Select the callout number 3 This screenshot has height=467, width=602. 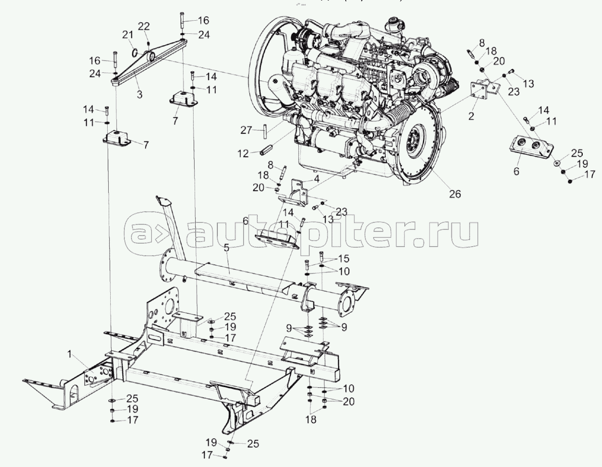139,94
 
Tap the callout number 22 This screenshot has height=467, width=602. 144,26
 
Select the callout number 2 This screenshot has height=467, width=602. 471,116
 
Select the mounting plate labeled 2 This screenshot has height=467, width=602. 481,91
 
